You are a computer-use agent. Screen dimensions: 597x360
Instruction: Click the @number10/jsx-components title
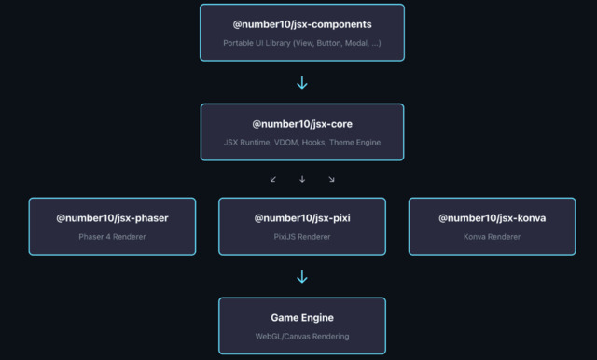[302, 24]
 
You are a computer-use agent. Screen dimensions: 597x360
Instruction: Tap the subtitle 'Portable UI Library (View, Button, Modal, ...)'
[302, 43]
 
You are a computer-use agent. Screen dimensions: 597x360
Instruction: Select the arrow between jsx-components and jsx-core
[302, 83]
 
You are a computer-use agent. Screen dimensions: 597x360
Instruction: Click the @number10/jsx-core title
[302, 124]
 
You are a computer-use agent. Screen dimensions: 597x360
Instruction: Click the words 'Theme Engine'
[354, 143]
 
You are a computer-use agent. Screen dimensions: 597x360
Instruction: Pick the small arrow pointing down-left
[273, 179]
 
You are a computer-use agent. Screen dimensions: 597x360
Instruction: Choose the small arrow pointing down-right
[331, 179]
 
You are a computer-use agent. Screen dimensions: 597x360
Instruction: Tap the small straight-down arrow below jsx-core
[302, 179]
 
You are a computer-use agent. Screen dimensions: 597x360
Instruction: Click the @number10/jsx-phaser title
[112, 218]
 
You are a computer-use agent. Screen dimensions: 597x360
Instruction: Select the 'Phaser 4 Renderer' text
[112, 237]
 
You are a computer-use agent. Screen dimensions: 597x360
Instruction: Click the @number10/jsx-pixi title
[302, 218]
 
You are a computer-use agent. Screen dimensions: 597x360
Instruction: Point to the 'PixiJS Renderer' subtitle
[302, 237]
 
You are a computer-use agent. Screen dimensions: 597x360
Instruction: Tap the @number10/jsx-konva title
[492, 218]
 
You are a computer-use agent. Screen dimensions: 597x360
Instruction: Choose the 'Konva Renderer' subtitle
[492, 237]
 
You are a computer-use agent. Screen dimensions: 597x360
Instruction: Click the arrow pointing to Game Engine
[302, 277]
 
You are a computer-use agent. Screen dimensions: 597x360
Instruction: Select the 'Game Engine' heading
[302, 318]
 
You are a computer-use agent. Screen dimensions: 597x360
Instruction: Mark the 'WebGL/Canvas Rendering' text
[302, 337]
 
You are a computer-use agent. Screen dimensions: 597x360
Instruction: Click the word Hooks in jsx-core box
[313, 143]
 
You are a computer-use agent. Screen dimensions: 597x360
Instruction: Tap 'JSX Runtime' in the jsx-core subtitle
[247, 143]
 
